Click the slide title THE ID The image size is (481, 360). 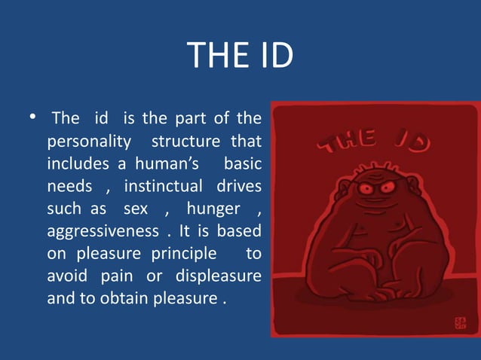[x=240, y=56]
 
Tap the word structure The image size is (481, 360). [x=184, y=141]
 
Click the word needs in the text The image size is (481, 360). [x=69, y=186]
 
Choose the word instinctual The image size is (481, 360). [x=163, y=186]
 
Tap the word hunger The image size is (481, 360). [x=213, y=209]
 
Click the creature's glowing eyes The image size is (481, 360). [x=378, y=188]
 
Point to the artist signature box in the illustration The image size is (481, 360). [x=460, y=322]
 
